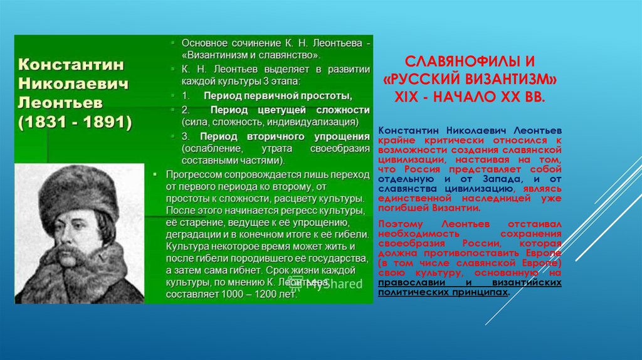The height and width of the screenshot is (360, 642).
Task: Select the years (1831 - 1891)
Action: (x=75, y=122)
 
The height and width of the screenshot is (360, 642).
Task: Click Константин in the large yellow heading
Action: (x=71, y=64)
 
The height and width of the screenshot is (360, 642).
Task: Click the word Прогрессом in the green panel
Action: (x=194, y=174)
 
